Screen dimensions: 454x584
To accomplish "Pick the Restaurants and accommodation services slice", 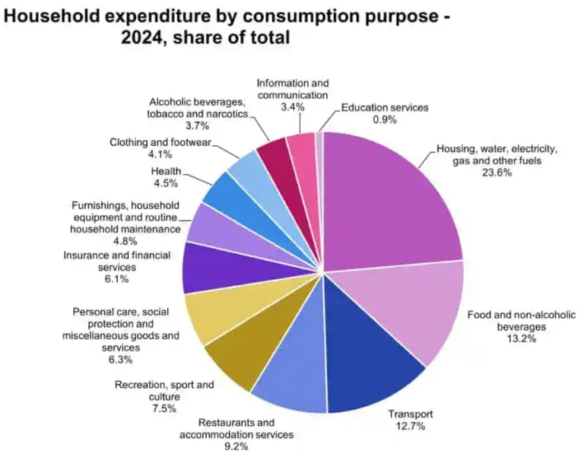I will (293, 373).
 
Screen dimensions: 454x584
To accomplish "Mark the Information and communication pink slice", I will (301, 148).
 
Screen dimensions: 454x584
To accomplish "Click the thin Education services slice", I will (319, 144).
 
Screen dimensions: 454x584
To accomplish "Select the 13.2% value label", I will (521, 338).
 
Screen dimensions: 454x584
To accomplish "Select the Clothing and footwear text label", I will (160, 142).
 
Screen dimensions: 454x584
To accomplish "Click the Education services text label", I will (385, 107).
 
